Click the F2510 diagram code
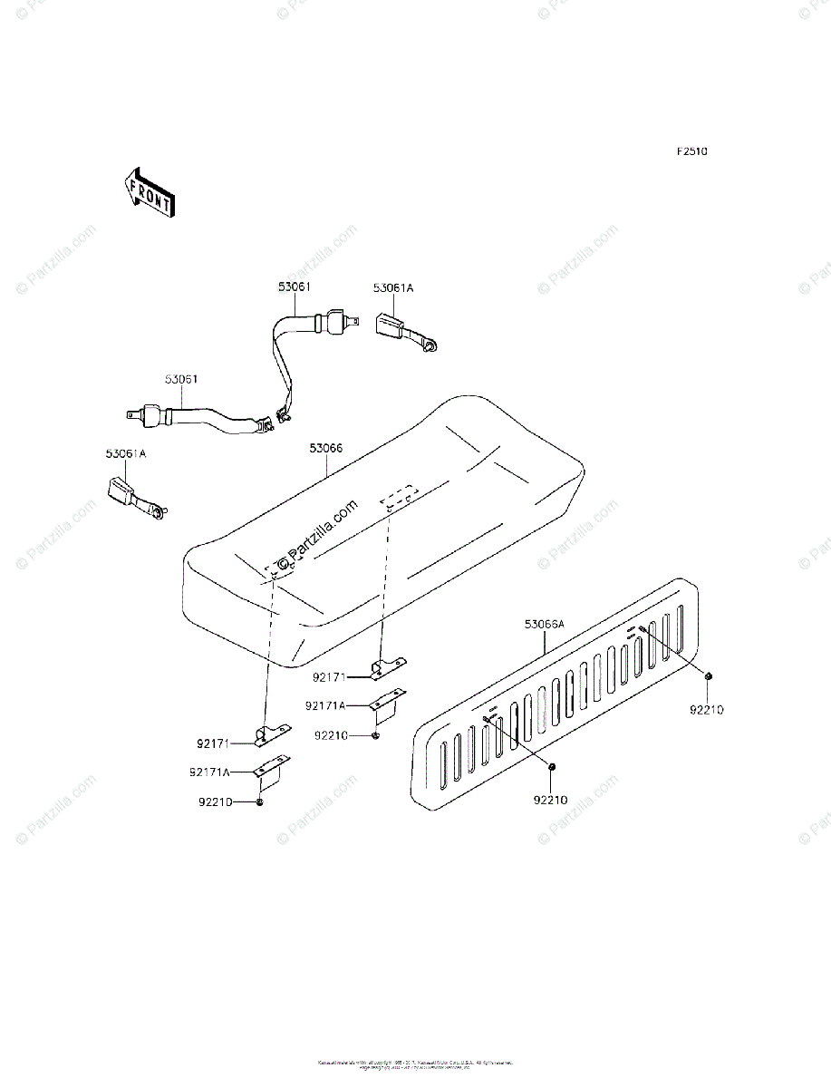690,151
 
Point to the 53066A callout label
544,624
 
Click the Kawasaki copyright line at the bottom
415,1063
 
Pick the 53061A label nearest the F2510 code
393,287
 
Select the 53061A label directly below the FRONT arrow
124,452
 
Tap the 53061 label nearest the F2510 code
295,287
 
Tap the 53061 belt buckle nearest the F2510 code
333,322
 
